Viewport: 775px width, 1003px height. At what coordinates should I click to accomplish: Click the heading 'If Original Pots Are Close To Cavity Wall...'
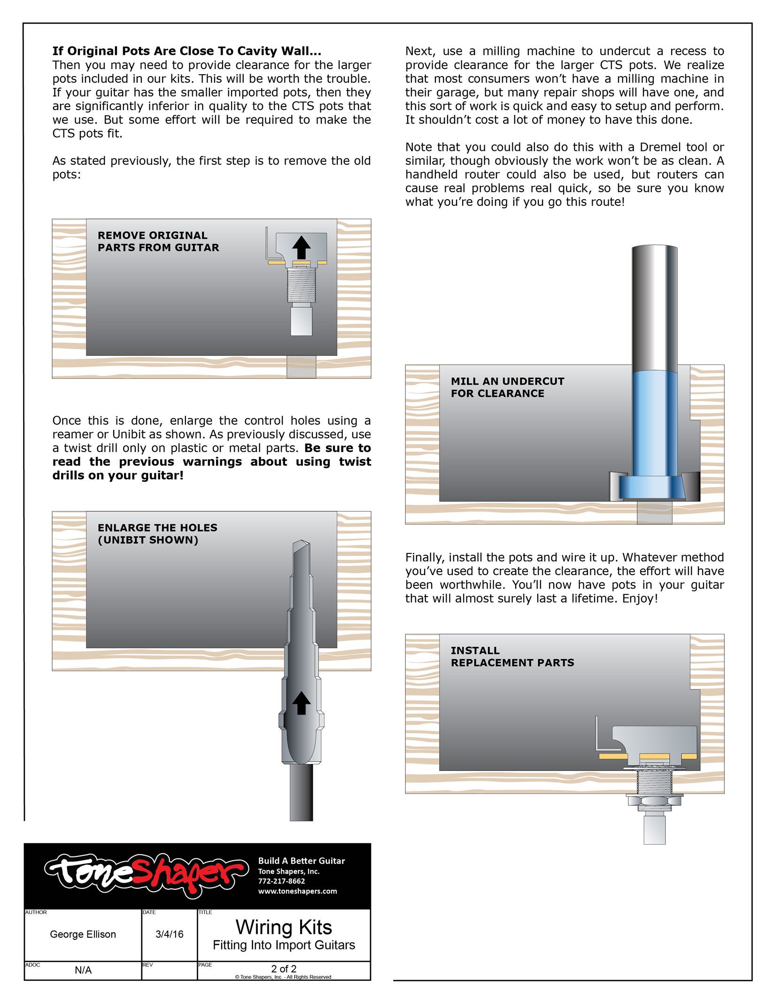click(x=186, y=51)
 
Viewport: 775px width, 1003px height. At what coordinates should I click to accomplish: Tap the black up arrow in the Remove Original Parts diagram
click(x=301, y=247)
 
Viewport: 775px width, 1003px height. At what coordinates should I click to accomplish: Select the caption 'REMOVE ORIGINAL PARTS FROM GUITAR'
click(x=158, y=241)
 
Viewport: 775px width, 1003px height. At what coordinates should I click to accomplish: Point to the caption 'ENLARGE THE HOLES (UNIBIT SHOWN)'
click(x=157, y=534)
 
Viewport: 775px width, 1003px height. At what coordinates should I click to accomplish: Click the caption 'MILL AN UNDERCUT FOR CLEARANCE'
click(x=507, y=387)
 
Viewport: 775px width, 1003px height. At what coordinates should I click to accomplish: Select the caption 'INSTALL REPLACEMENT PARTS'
click(x=512, y=656)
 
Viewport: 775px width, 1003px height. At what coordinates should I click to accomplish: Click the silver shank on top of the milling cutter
click(x=654, y=305)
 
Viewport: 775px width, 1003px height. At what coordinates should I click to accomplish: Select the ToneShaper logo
click(x=146, y=875)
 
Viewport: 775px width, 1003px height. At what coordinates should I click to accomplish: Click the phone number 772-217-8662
click(x=281, y=881)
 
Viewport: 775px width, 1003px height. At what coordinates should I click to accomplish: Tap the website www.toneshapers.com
click(x=297, y=891)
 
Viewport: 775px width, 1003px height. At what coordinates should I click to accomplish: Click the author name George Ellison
click(x=83, y=934)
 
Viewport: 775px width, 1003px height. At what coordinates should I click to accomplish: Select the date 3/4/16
click(x=169, y=934)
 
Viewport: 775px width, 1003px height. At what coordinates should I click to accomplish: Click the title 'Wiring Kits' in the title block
click(x=284, y=927)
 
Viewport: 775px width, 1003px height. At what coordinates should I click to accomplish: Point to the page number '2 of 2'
click(x=284, y=969)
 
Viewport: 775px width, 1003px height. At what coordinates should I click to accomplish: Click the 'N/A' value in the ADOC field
click(x=83, y=970)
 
